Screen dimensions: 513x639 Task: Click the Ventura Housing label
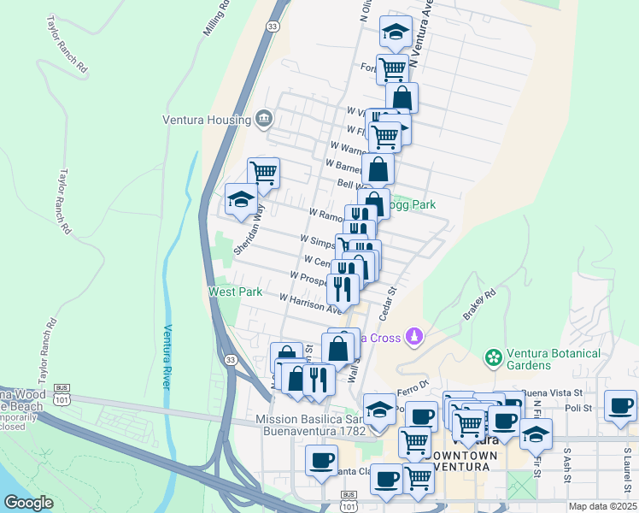pyautogui.click(x=208, y=120)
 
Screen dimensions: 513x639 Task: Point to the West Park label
pyautogui.click(x=236, y=292)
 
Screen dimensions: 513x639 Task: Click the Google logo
pyautogui.click(x=28, y=503)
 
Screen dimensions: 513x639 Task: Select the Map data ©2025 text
pyautogui.click(x=602, y=506)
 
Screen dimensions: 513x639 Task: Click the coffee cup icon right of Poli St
pyautogui.click(x=619, y=405)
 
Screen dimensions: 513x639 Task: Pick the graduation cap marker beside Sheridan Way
pyautogui.click(x=241, y=200)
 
